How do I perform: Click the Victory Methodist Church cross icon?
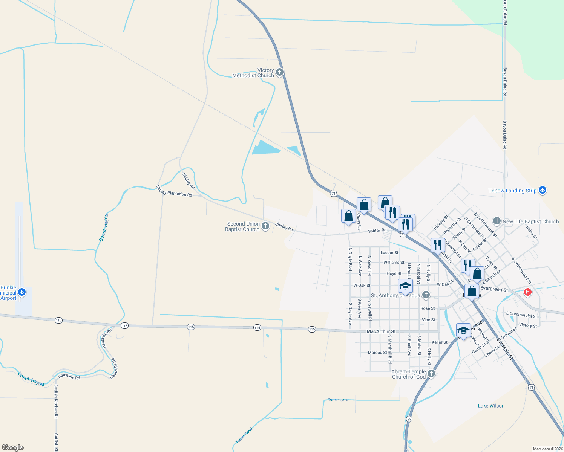pyautogui.click(x=279, y=72)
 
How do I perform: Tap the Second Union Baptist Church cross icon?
pyautogui.click(x=265, y=226)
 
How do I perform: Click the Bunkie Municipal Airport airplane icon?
pyautogui.click(x=22, y=292)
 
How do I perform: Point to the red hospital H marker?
pyautogui.click(x=528, y=292)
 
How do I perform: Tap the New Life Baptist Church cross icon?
pyautogui.click(x=497, y=221)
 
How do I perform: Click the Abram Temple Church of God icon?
pyautogui.click(x=431, y=373)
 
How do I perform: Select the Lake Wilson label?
pyautogui.click(x=491, y=406)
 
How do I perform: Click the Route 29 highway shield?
pyautogui.click(x=409, y=419)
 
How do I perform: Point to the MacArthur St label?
pyautogui.click(x=381, y=331)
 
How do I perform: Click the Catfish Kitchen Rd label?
pyautogui.click(x=56, y=402)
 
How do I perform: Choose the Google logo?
pyautogui.click(x=13, y=447)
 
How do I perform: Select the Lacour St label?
pyautogui.click(x=389, y=253)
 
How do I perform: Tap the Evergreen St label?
pyautogui.click(x=494, y=289)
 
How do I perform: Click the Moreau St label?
pyautogui.click(x=377, y=353)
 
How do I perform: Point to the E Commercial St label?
pyautogui.click(x=521, y=315)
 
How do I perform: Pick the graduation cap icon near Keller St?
pyautogui.click(x=463, y=330)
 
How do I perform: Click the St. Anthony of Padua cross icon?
pyautogui.click(x=426, y=295)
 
